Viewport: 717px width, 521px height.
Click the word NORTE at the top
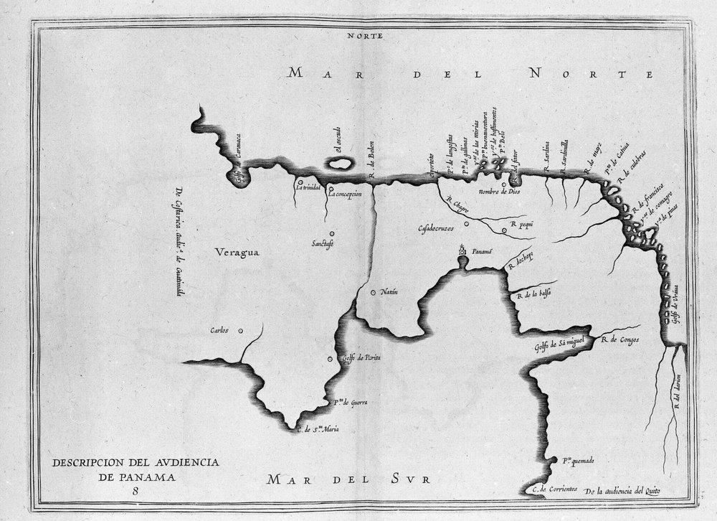pyautogui.click(x=365, y=34)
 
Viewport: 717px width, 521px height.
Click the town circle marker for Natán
pyautogui.click(x=372, y=292)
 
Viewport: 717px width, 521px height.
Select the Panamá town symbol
pyautogui.click(x=462, y=252)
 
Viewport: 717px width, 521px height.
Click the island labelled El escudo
pyautogui.click(x=340, y=164)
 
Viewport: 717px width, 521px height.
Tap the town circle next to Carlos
pyautogui.click(x=240, y=331)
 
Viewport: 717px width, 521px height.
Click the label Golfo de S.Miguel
pyautogui.click(x=560, y=345)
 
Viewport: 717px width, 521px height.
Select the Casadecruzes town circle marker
pyautogui.click(x=466, y=224)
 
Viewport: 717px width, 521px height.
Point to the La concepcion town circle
pyautogui.click(x=331, y=190)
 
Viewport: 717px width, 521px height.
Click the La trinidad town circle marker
pyautogui.click(x=300, y=182)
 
